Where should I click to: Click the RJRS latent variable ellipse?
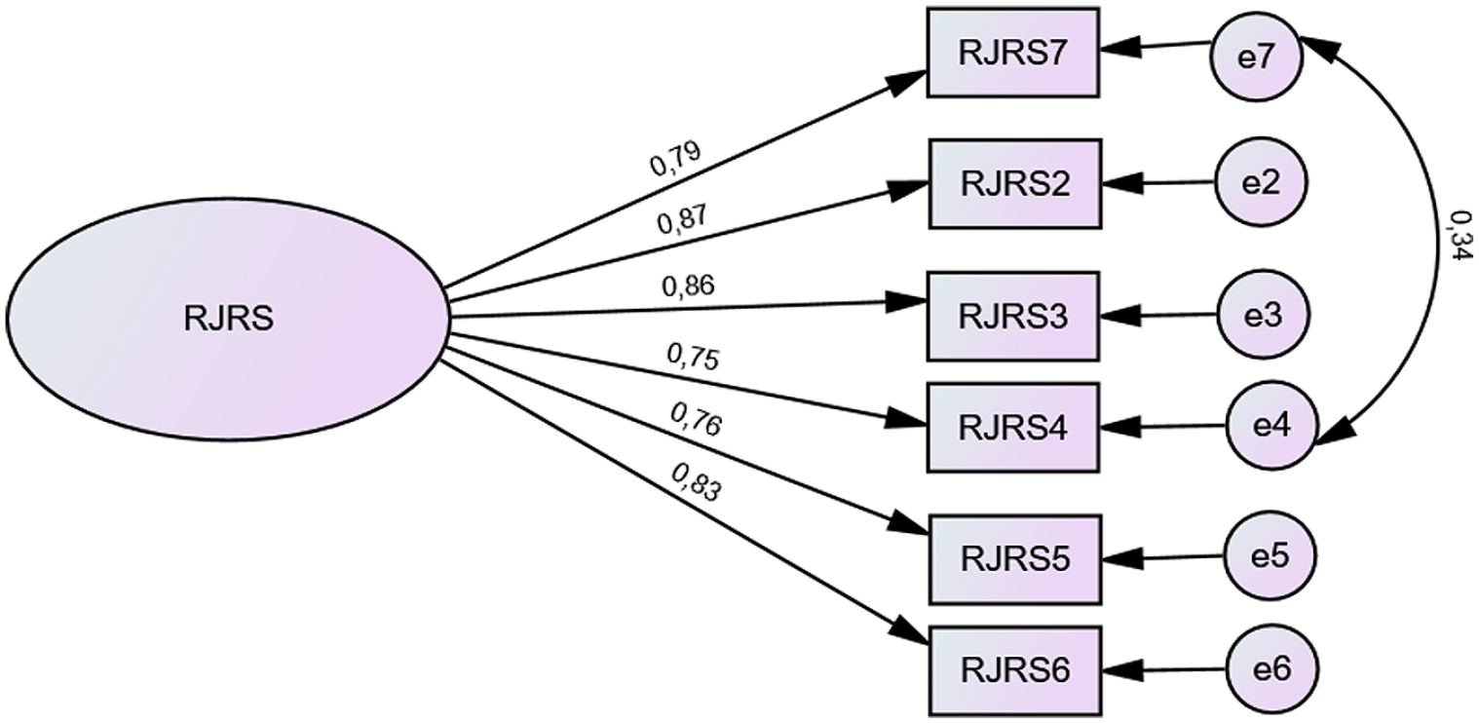[228, 321]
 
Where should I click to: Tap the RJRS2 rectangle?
[1015, 184]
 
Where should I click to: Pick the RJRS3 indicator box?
[1013, 317]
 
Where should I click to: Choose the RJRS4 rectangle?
[1013, 428]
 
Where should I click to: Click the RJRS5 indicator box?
[1015, 560]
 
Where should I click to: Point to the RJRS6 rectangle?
[1015, 670]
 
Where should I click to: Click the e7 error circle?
[1256, 57]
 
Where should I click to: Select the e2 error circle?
[1261, 183]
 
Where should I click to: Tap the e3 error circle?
[1263, 315]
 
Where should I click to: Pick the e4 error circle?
[1272, 425]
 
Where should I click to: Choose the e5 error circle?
[1270, 556]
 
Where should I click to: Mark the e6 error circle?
[1272, 669]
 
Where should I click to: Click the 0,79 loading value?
[675, 159]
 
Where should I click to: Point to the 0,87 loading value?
[683, 219]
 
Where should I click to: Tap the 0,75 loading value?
[692, 358]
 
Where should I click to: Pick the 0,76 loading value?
[696, 420]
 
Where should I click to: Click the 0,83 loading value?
[696, 481]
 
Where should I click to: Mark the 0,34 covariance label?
[1460, 236]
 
